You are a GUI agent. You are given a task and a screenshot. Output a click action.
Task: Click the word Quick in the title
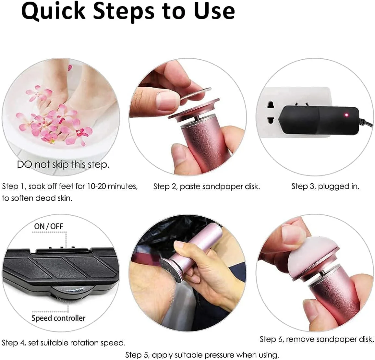pos(53,11)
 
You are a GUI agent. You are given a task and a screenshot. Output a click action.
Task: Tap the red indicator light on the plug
pos(346,115)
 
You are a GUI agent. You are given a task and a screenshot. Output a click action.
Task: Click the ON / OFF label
pos(49,226)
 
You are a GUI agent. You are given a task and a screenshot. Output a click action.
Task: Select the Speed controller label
pos(58,318)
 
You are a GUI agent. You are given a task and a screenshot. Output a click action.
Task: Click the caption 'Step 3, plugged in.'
pos(325,186)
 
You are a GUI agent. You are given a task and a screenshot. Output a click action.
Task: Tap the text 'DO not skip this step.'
pos(63,164)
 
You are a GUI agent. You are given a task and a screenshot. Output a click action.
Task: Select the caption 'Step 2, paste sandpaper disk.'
pos(206,186)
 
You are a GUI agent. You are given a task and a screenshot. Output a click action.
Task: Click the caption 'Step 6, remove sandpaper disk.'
pos(317,339)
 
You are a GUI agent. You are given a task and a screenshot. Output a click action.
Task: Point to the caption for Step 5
pos(202,355)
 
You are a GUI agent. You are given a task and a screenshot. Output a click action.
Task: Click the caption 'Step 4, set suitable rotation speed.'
pos(64,343)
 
